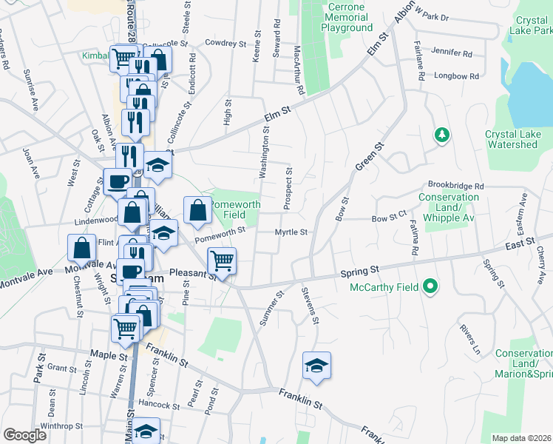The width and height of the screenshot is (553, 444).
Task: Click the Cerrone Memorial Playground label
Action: pos(347,17)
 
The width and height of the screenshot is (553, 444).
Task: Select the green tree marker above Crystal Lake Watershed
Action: pos(441,135)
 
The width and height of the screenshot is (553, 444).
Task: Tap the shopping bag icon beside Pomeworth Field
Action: pos(198,210)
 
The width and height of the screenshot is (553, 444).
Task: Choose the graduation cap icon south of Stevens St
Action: pos(316,366)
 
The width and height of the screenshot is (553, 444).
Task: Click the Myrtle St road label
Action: pos(291,232)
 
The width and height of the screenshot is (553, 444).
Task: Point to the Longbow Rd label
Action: pos(456,76)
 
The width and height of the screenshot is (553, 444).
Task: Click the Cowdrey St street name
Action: pos(225,44)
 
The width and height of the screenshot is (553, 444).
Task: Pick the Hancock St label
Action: pos(159,404)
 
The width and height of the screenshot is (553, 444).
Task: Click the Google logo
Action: pos(24,435)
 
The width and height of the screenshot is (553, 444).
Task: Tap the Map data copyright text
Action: pos(521,438)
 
